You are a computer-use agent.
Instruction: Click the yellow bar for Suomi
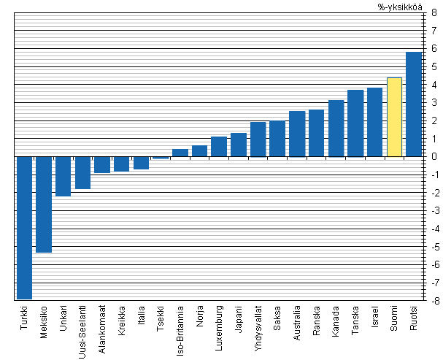tap(394, 117)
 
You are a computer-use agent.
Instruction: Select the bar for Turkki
tap(25, 227)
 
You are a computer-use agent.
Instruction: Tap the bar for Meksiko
tap(44, 204)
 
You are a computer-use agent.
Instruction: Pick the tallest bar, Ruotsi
tap(413, 104)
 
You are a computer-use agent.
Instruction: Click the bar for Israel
tap(374, 122)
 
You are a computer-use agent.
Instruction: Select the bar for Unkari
tap(63, 176)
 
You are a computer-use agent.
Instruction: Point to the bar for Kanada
tap(336, 129)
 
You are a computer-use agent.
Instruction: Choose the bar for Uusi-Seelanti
tap(82, 172)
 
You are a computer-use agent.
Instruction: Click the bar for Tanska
tap(355, 123)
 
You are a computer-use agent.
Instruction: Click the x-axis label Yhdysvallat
tap(258, 329)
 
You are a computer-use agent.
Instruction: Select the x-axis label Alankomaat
tap(103, 329)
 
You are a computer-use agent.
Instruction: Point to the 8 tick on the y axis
tap(434, 13)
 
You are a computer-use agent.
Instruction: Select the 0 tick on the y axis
tap(434, 157)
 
